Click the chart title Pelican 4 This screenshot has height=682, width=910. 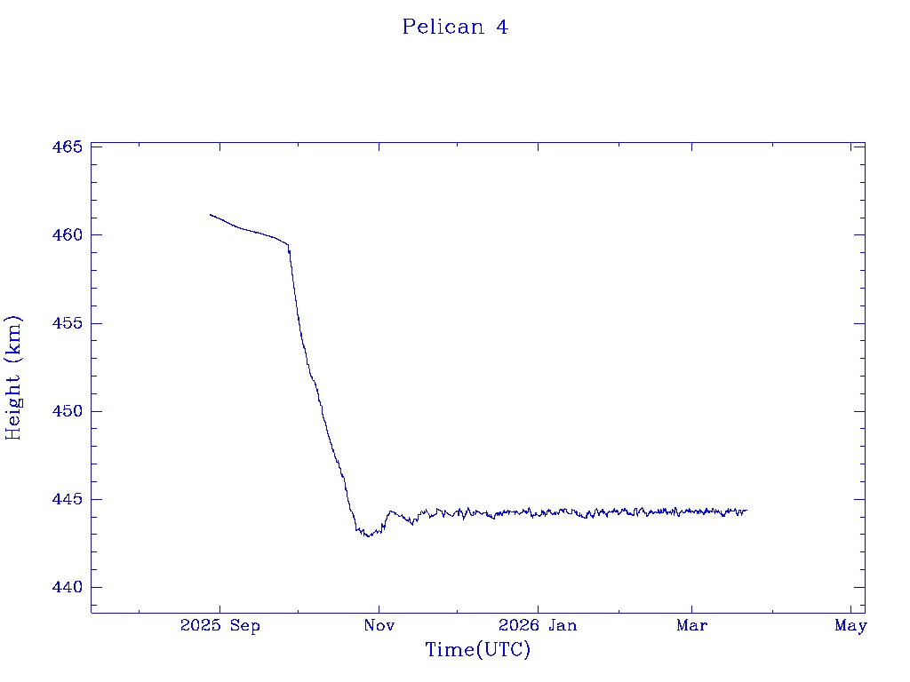coord(455,28)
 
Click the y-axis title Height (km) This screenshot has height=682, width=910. coord(13,377)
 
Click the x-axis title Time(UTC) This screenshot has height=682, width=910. coord(477,650)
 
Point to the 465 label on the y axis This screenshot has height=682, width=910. coord(67,147)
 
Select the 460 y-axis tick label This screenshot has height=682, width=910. coord(67,235)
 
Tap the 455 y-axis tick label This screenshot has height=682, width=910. coord(67,323)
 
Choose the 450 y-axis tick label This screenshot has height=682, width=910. coord(67,411)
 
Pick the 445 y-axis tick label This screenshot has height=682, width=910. coord(67,499)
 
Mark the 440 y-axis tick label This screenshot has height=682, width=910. coord(67,587)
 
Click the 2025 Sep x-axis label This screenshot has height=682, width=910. coord(220,626)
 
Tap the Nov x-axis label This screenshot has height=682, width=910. coord(379,626)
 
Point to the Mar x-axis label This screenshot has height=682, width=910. coord(692,626)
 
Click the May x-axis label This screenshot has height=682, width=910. coord(850,626)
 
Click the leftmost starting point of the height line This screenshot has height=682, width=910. coord(211,214)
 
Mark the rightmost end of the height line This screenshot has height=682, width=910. coord(746,511)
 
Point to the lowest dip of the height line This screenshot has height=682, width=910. coord(368,536)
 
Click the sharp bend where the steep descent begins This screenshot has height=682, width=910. coord(288,245)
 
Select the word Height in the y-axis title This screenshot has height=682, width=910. coord(13,402)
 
